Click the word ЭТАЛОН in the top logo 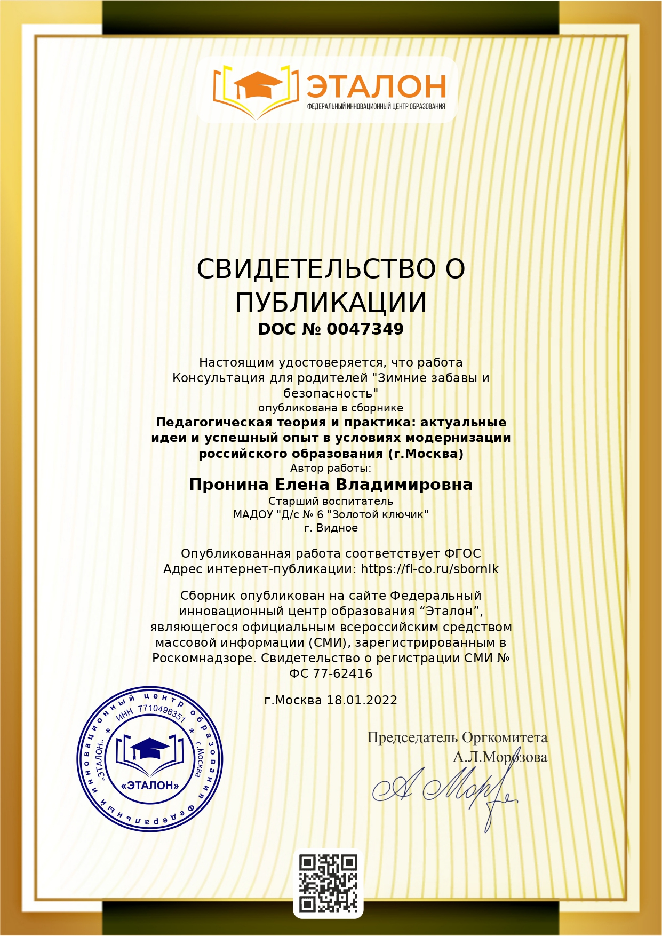(x=376, y=86)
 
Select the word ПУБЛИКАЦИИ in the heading (x=331, y=303)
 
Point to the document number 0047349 (x=365, y=329)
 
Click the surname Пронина (x=229, y=485)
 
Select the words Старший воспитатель (x=331, y=501)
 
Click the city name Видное (x=337, y=528)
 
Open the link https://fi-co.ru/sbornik (x=429, y=569)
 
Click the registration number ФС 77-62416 (x=331, y=673)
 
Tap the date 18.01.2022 (x=362, y=700)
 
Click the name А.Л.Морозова (x=500, y=757)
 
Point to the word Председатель (x=412, y=738)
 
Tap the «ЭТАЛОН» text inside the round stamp (x=150, y=785)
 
